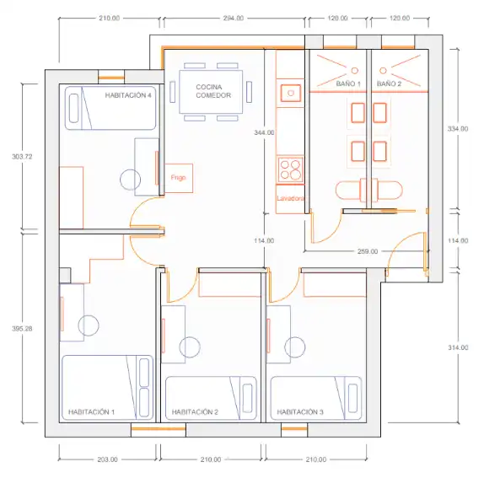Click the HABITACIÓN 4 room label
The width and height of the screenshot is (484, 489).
128,95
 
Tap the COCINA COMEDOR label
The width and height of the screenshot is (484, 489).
213,91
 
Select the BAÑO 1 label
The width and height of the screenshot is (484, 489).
348,83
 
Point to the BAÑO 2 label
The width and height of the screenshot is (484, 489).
389,83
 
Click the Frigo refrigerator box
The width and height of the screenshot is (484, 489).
179,178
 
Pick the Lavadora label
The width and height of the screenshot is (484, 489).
290,198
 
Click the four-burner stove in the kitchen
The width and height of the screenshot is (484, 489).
290,169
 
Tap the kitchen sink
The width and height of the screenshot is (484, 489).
291,93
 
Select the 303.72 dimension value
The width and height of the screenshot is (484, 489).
22,157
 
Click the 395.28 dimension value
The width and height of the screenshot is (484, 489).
22,329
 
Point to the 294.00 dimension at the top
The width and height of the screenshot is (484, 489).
234,18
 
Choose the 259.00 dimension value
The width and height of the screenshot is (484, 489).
368,251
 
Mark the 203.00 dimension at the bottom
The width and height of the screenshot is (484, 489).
107,459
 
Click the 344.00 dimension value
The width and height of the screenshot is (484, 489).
264,132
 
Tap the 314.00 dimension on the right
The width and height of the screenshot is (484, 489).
458,347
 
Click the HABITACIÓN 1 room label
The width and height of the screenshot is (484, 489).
91,412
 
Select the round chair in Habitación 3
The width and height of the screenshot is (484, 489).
295,347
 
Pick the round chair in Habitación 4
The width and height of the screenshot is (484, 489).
131,180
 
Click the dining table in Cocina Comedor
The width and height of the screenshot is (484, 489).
211,92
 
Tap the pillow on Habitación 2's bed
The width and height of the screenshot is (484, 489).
248,398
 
